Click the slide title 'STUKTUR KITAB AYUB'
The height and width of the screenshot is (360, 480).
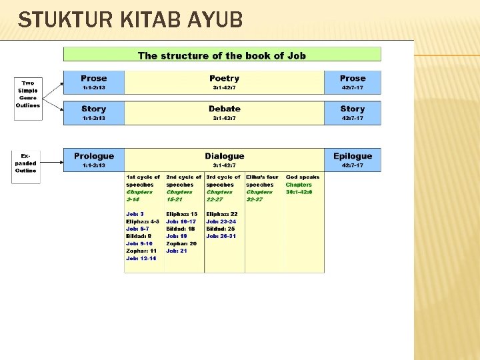coord(131,20)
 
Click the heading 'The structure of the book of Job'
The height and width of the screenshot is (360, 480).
coord(222,55)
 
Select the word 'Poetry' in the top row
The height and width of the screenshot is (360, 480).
coord(224,78)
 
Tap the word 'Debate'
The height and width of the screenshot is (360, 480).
coord(224,109)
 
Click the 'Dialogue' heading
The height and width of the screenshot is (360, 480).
coord(224,156)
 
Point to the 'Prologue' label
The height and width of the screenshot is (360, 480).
coord(93,156)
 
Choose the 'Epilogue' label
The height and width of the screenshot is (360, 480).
coord(352,156)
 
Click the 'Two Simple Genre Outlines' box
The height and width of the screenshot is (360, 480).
coord(28,95)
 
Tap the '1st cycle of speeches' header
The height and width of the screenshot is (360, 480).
coord(143,181)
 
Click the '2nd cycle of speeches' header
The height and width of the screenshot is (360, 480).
coord(183,181)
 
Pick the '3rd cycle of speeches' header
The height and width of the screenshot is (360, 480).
coord(223,181)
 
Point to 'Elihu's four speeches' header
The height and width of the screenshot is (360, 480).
coord(263,181)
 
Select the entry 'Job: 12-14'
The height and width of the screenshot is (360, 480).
coord(141,258)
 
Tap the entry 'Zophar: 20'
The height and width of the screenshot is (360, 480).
coord(181,243)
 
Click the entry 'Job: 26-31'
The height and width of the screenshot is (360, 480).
coord(221,236)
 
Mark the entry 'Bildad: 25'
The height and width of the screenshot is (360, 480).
coord(221,229)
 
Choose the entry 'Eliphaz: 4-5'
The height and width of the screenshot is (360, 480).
coord(143,221)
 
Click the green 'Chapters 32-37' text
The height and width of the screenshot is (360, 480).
coord(259,195)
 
